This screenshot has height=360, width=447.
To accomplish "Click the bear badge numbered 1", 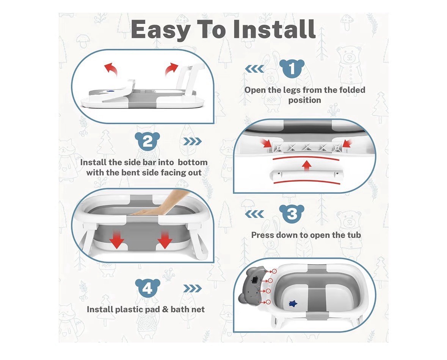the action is tap(292, 69).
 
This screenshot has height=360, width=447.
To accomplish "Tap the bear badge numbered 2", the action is tap(147, 141).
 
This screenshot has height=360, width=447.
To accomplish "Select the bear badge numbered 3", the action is tap(292, 214).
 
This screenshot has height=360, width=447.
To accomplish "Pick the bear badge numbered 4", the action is tap(147, 288).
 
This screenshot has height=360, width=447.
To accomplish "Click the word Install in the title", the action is tap(274, 29).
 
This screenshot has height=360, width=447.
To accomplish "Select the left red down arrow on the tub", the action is tap(117, 239).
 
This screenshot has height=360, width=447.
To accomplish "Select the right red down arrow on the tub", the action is tap(165, 239).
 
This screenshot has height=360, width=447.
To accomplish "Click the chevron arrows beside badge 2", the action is tap(193, 141).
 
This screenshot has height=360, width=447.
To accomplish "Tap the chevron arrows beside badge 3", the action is tap(254, 214).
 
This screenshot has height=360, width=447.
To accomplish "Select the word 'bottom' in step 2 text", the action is tap(193, 162).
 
